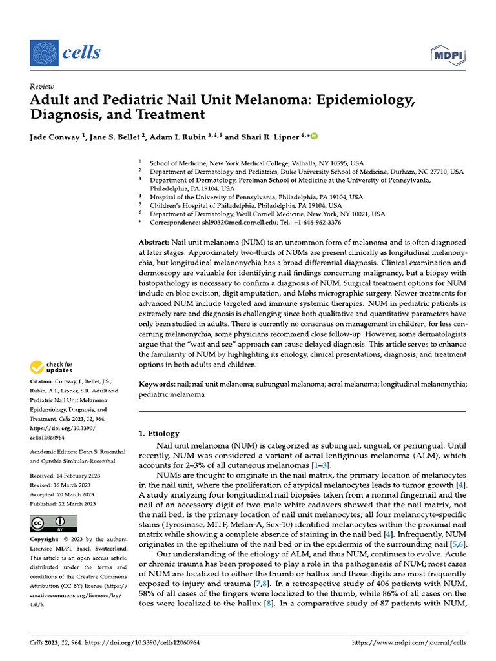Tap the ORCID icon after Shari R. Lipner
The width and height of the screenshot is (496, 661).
tap(315, 137)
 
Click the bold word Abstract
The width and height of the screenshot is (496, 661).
tap(154, 241)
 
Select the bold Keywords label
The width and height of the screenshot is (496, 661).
tap(158, 384)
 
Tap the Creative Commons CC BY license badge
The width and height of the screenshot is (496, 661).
tap(54, 523)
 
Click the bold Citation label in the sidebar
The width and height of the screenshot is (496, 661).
tap(43, 381)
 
